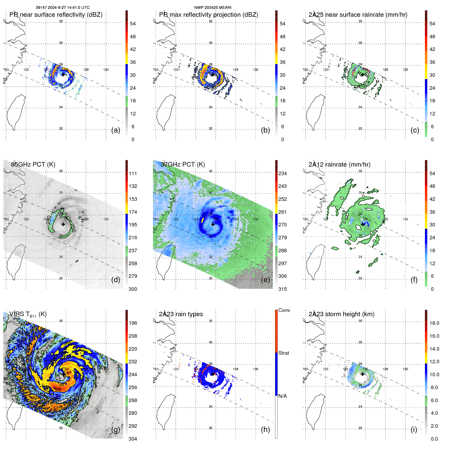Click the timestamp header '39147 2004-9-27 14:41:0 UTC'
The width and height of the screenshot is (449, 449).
pos(63,8)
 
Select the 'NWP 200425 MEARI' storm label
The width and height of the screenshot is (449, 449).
pos(213,8)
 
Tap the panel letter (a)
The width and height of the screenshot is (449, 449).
pos(116,130)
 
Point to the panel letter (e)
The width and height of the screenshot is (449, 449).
pos(265,280)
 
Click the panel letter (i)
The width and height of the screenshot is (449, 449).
pos(414,429)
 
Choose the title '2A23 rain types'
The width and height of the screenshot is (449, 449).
pos(181,314)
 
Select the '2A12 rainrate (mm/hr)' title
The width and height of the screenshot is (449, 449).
pos(339,164)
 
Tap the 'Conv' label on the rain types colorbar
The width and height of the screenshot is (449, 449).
pos(284,310)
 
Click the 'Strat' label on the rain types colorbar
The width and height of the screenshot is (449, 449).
pos(283,353)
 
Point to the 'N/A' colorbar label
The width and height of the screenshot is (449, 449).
pos(282,396)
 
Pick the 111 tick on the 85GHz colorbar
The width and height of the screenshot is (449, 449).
pos(133,173)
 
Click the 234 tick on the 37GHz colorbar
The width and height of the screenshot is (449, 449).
pos(282,173)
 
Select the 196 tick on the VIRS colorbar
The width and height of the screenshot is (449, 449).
pos(133,323)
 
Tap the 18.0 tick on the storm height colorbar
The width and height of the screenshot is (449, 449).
pos(434,323)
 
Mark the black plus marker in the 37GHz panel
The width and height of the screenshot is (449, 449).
pos(213,224)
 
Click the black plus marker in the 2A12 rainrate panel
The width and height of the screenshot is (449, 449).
pos(363,224)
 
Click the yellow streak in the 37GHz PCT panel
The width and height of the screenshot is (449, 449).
pos(202,220)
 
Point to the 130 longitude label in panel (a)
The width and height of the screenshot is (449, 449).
pos(106,69)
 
